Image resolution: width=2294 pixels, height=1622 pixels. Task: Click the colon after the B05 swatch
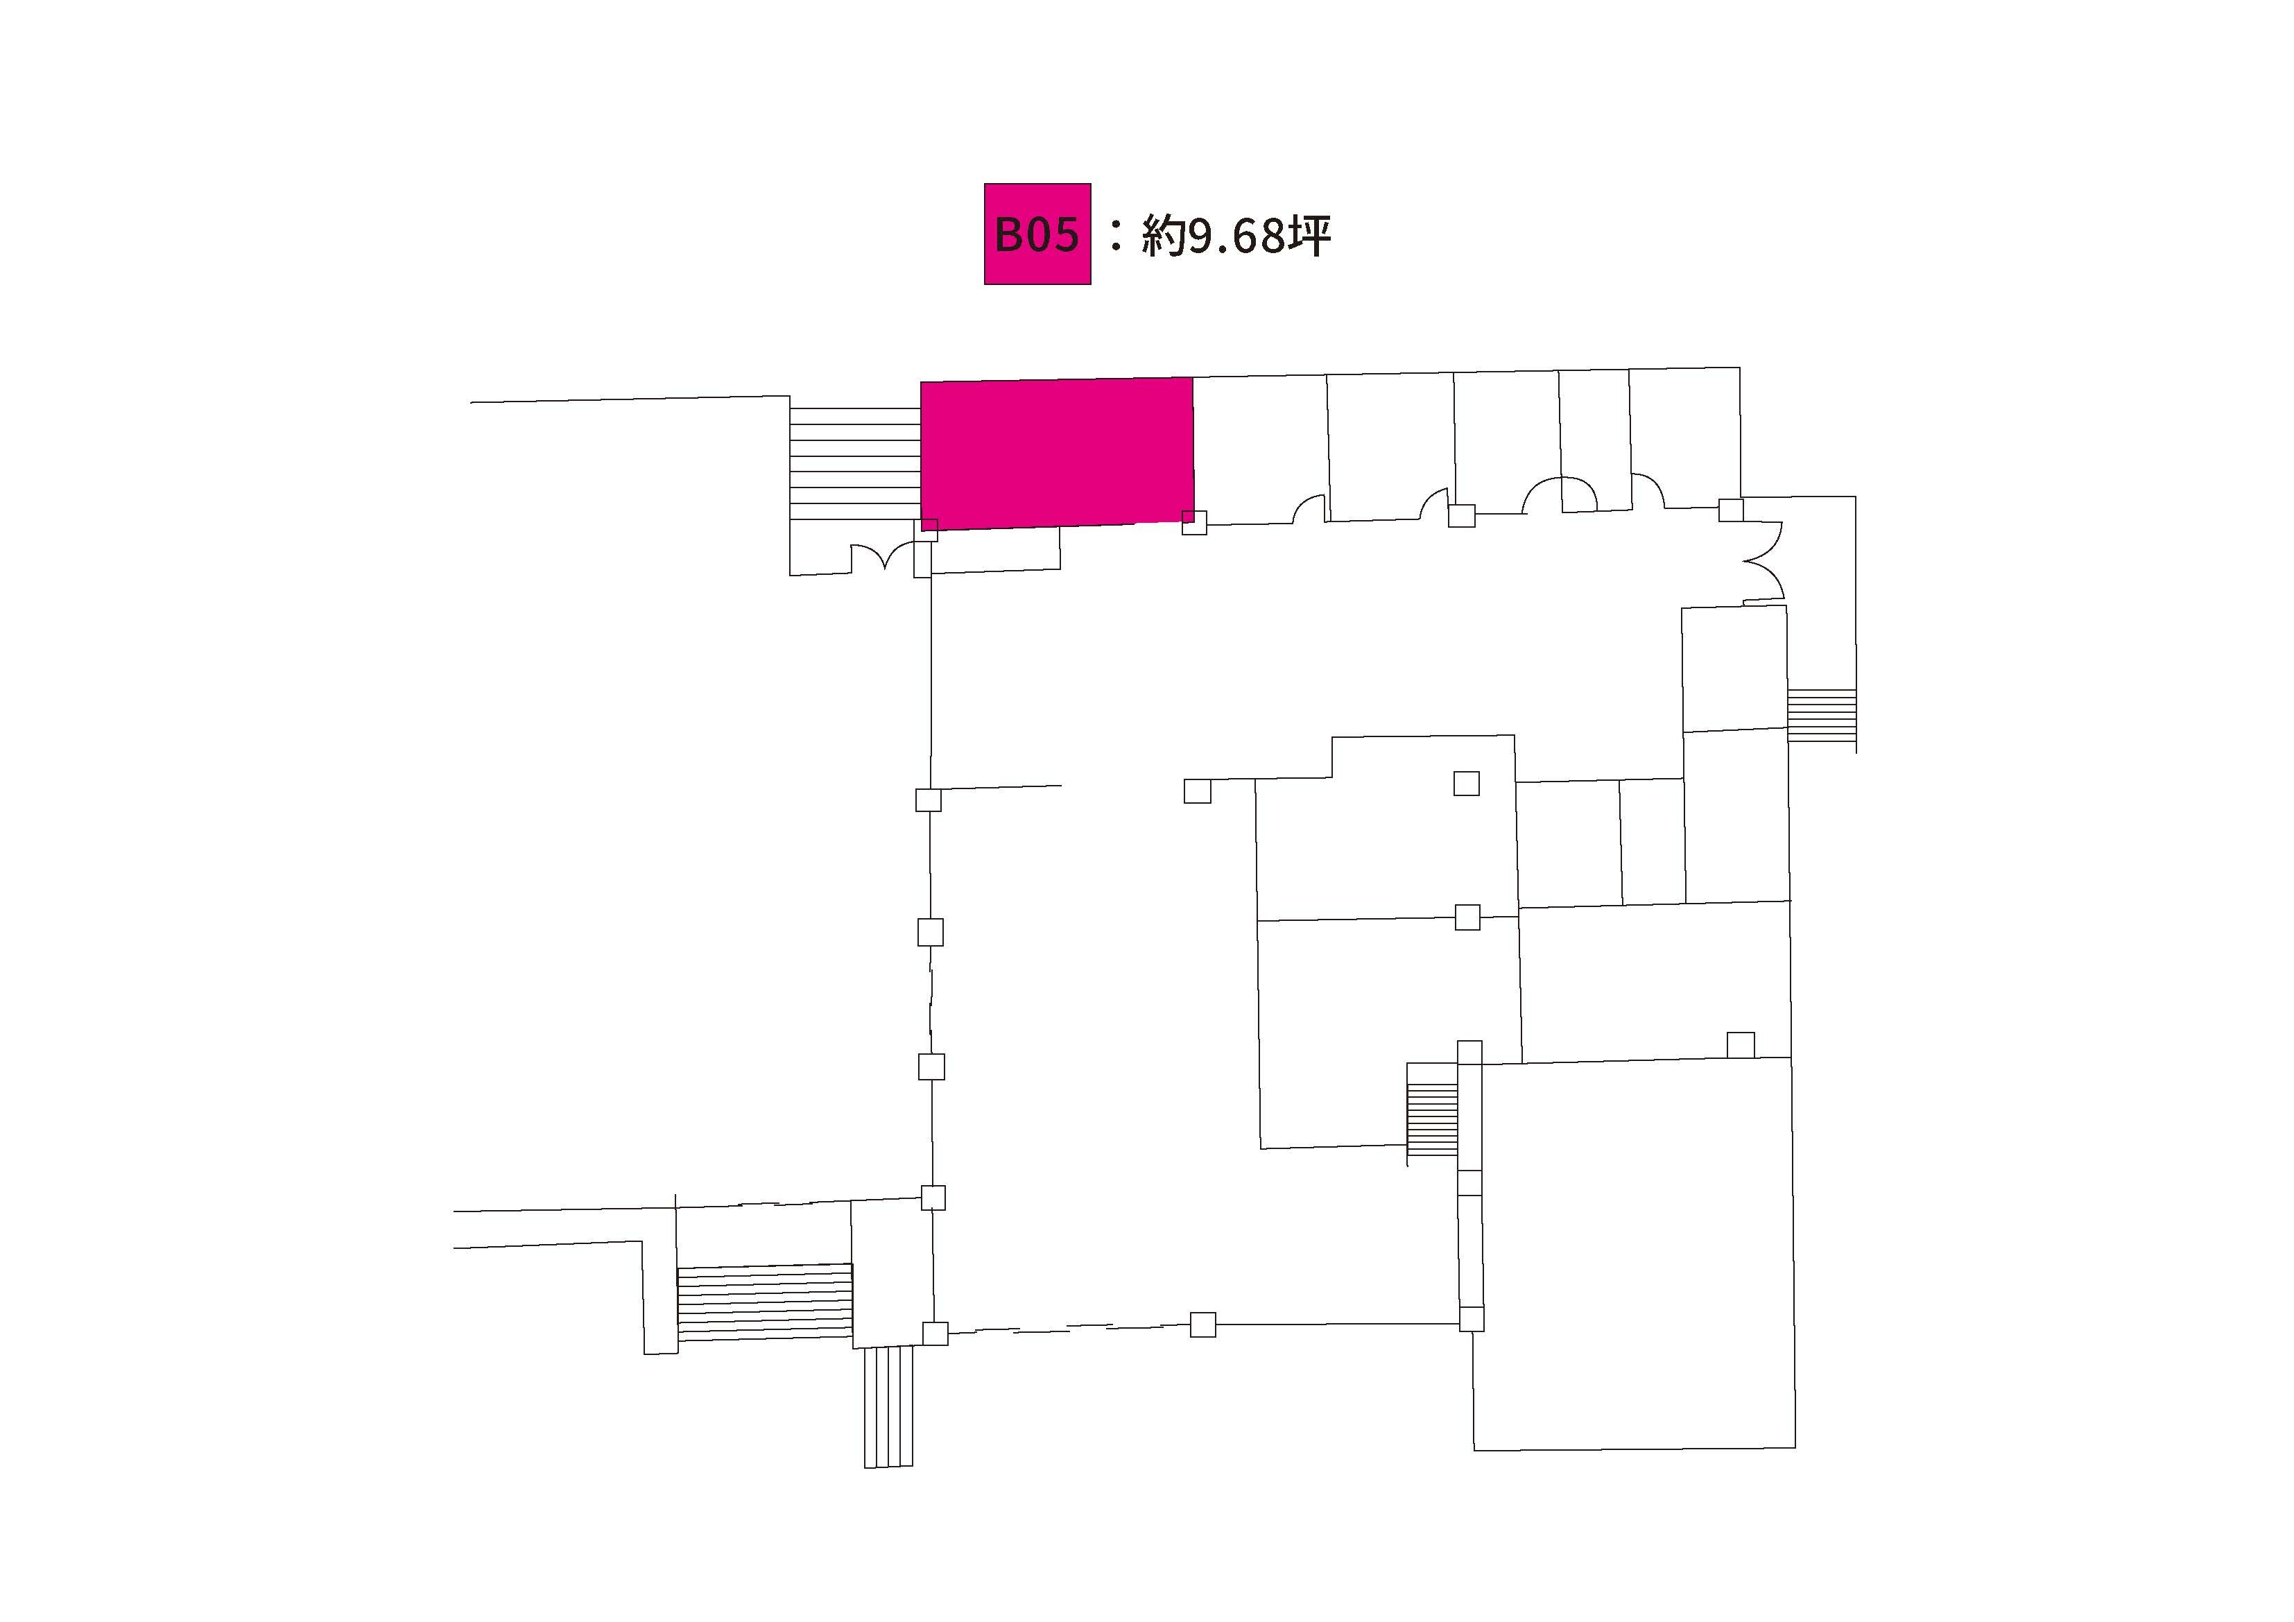[x=1116, y=236]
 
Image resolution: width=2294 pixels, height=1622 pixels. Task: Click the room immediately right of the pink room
[x=1261, y=449]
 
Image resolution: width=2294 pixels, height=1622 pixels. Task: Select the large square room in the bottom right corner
[x=1635, y=1254]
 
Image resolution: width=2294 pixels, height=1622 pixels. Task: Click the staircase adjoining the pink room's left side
[x=855, y=464]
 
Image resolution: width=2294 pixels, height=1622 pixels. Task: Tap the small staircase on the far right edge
[x=1822, y=714]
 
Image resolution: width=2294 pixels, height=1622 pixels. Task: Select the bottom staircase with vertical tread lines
[x=888, y=1406]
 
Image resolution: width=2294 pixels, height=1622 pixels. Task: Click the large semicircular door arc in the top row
[x=1560, y=494]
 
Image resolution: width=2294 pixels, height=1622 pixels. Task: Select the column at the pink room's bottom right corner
[x=1194, y=523]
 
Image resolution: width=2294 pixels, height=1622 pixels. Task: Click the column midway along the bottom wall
[x=1203, y=1325]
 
